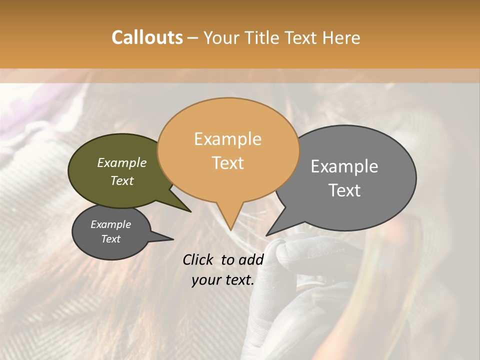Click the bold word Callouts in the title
point(147,37)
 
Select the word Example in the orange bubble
point(227,139)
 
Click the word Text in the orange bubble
point(227,163)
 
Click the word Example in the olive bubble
point(121,163)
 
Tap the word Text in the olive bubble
point(121,181)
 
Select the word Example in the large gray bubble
point(344,166)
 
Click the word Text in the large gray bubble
point(344,190)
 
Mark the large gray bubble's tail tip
point(266,235)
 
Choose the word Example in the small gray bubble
point(110,224)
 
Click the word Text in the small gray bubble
point(110,239)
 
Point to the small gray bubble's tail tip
point(173,239)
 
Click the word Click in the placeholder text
point(198,259)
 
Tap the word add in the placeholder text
point(251,259)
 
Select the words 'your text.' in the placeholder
point(222,280)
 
